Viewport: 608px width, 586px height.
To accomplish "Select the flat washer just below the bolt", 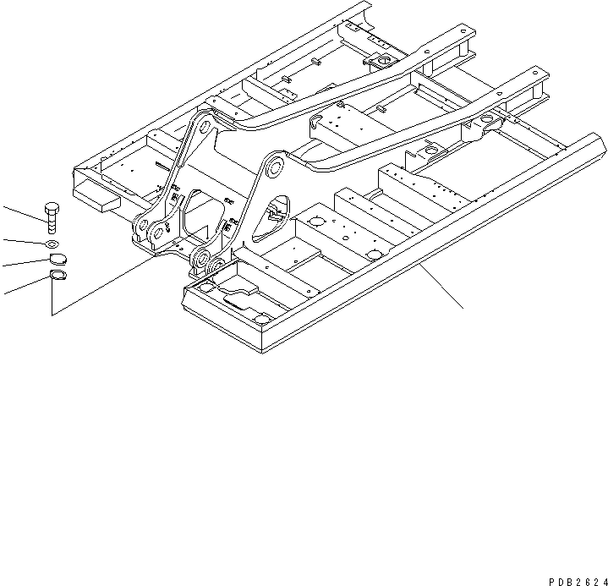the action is (52, 244).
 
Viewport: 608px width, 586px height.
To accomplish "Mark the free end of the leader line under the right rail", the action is (463, 308).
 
